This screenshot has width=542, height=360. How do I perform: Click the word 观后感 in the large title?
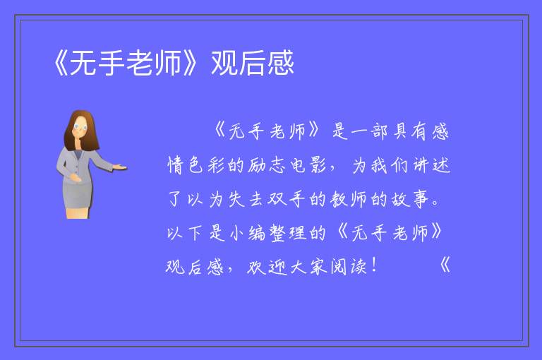click(253, 63)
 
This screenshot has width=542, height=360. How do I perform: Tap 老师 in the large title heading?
click(153, 63)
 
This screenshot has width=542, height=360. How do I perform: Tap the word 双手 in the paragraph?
click(287, 199)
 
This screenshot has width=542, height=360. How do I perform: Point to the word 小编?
click(247, 232)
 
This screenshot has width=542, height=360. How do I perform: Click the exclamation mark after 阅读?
click(375, 265)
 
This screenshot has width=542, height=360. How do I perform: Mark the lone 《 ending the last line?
click(445, 265)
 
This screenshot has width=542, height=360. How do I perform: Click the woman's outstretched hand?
click(119, 167)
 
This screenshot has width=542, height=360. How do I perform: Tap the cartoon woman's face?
click(80, 127)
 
